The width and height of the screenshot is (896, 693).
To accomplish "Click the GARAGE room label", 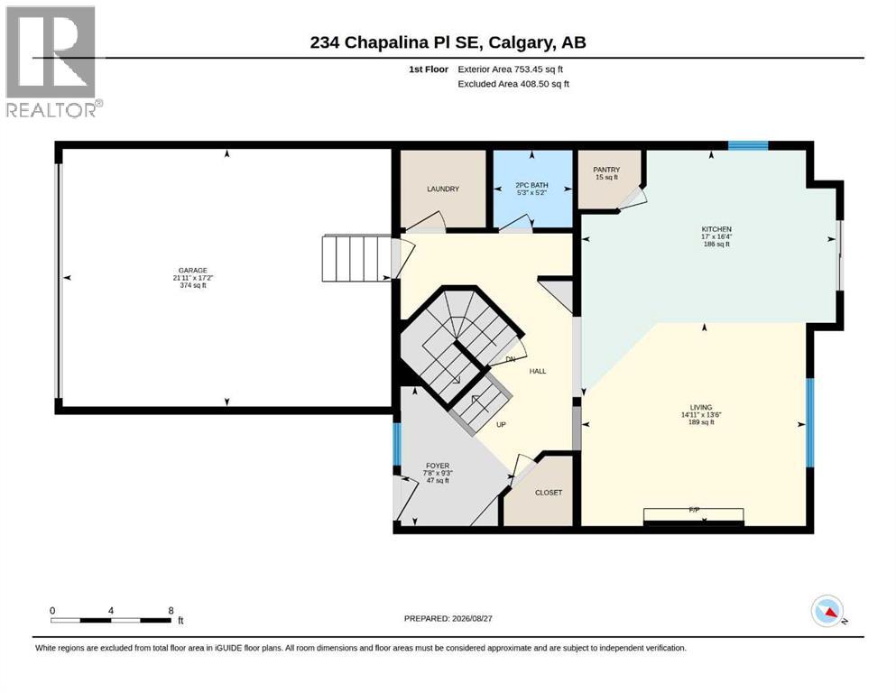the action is tap(192, 270).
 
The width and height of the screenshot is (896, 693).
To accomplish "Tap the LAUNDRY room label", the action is tap(443, 189).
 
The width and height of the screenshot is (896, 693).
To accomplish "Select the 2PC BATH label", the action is tap(531, 185).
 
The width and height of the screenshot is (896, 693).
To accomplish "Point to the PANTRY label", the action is tap(606, 170).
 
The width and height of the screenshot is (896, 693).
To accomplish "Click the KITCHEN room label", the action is tap(716, 229).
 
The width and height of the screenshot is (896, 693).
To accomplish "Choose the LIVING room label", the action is tap(700, 407).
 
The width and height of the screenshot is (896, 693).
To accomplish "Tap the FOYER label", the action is tap(438, 466).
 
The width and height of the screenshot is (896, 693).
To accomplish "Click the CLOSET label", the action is tap(549, 493).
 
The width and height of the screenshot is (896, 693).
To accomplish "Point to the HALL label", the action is tap(538, 372).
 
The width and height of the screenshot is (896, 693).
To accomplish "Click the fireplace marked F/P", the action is tap(694, 515).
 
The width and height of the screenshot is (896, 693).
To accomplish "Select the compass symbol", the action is tap(827, 611).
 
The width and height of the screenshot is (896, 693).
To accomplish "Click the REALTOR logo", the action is tap(54, 61).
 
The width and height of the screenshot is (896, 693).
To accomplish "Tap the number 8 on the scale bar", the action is tap(171, 611).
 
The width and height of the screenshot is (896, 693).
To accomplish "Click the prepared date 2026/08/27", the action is tap(472, 618).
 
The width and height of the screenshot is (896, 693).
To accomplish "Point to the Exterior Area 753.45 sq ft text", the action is tap(511, 69).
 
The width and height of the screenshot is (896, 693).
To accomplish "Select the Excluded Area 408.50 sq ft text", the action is tap(513, 84).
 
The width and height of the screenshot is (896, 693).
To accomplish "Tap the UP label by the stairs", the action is tap(501, 425).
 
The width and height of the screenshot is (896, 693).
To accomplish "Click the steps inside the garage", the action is tap(356, 259).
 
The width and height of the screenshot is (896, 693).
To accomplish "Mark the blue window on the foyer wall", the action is tap(397, 444).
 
